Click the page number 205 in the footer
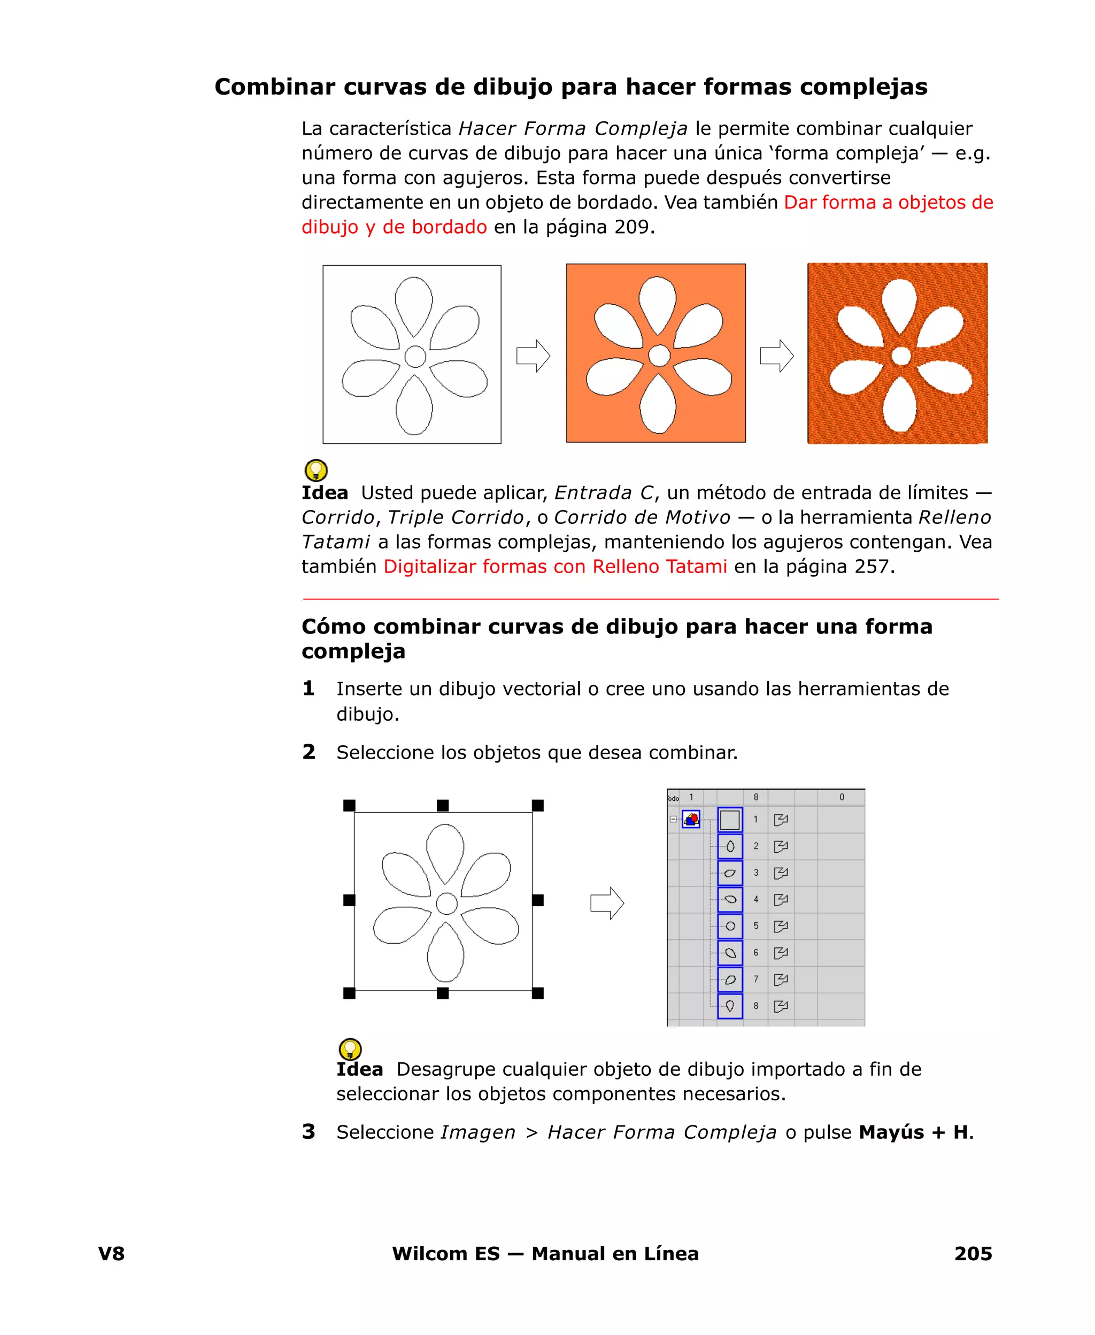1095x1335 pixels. (x=973, y=1253)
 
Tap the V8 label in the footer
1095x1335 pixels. (x=111, y=1253)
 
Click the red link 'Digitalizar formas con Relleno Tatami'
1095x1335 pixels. (x=555, y=566)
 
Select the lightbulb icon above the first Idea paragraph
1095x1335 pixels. (x=316, y=470)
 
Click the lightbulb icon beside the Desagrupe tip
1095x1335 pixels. (x=350, y=1049)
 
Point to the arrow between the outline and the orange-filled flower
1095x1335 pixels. (x=533, y=356)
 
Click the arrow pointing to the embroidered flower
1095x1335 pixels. (x=776, y=356)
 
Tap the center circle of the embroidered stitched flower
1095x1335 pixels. (x=901, y=356)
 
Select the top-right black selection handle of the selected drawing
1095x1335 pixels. (x=537, y=805)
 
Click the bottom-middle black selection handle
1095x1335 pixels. (x=443, y=993)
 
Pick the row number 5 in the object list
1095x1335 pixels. (x=755, y=926)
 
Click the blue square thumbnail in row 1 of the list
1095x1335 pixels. (x=730, y=820)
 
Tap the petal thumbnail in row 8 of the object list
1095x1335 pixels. (x=730, y=1006)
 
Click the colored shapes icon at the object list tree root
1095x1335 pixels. (x=691, y=819)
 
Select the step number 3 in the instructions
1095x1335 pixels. (x=309, y=1131)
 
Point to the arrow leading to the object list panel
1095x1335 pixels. (x=607, y=903)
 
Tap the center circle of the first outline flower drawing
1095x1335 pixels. (x=415, y=356)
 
